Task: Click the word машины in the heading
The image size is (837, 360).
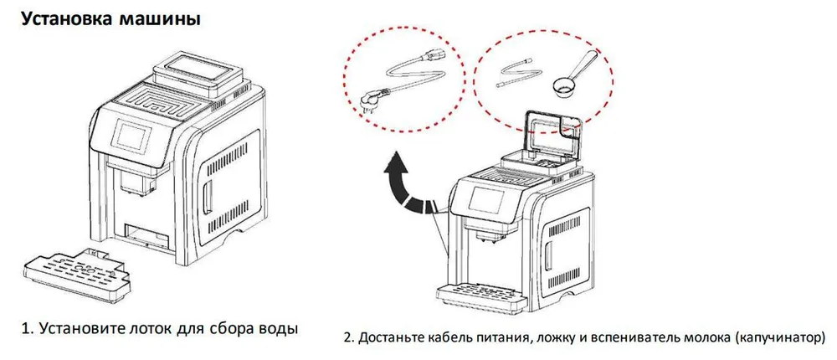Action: pos(158,18)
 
